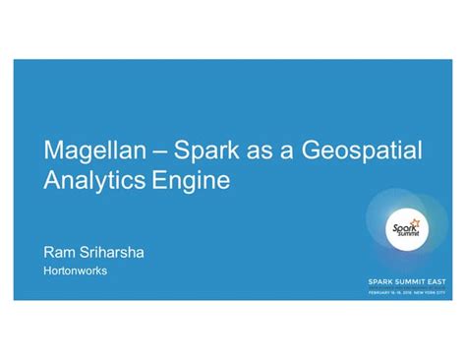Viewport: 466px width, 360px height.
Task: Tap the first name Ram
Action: pos(60,252)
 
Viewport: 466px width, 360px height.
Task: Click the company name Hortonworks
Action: pos(75,269)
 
